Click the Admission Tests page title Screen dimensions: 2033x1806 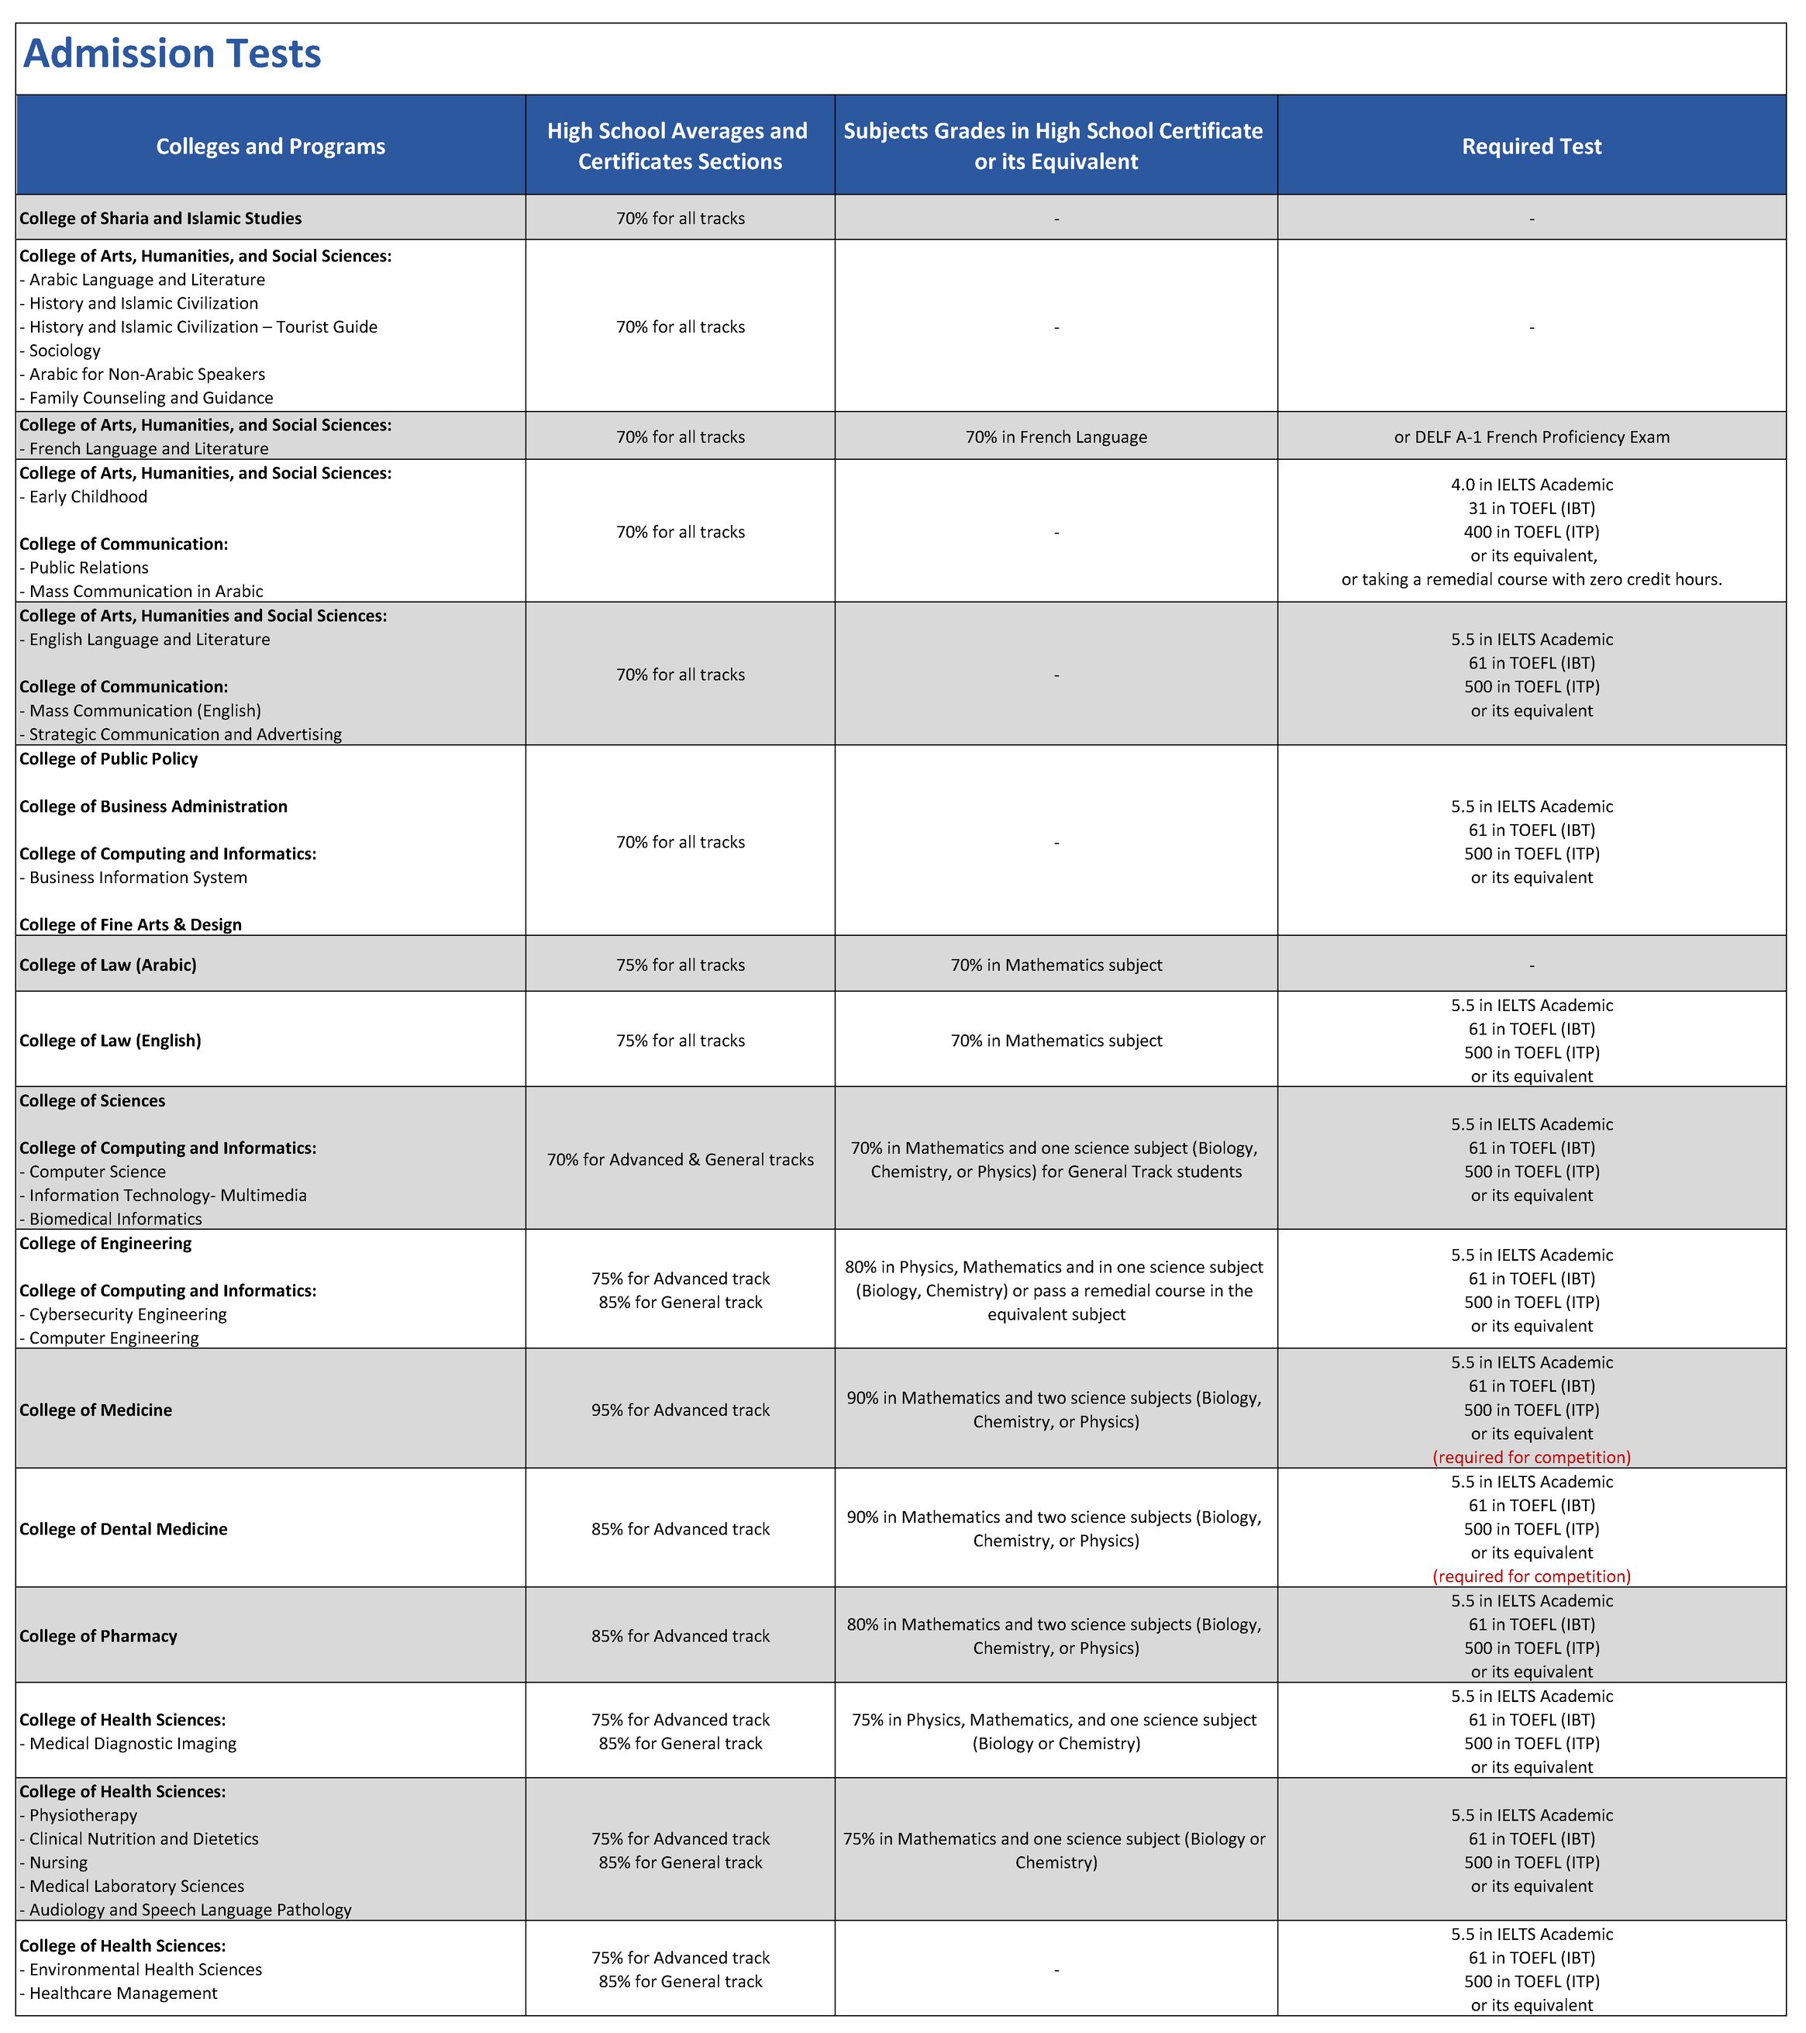(172, 53)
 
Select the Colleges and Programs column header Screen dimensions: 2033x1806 (271, 147)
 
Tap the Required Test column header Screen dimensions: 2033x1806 (1531, 147)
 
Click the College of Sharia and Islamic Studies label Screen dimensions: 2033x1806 (160, 218)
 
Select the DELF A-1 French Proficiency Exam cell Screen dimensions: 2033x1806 (1531, 437)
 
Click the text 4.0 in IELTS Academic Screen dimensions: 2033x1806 (1531, 485)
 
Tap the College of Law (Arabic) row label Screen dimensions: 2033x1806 (109, 965)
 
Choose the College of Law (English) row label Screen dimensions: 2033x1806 (110, 1041)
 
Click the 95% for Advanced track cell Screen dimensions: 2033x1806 (681, 1410)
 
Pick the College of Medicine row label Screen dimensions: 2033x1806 (95, 1410)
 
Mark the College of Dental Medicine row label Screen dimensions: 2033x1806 (123, 1529)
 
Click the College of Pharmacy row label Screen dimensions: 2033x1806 (98, 1636)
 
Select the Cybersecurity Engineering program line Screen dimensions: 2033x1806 (127, 1314)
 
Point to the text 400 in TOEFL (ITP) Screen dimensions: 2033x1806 (1531, 532)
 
